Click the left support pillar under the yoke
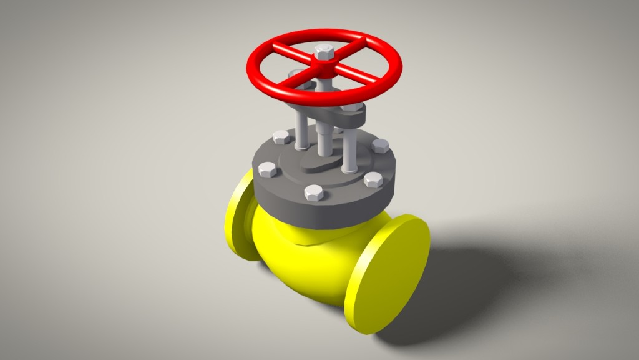301,132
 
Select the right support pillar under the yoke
349,150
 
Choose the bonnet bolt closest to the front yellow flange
373,181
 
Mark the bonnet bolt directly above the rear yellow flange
267,169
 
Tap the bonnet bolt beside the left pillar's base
281,137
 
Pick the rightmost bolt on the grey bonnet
379,146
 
